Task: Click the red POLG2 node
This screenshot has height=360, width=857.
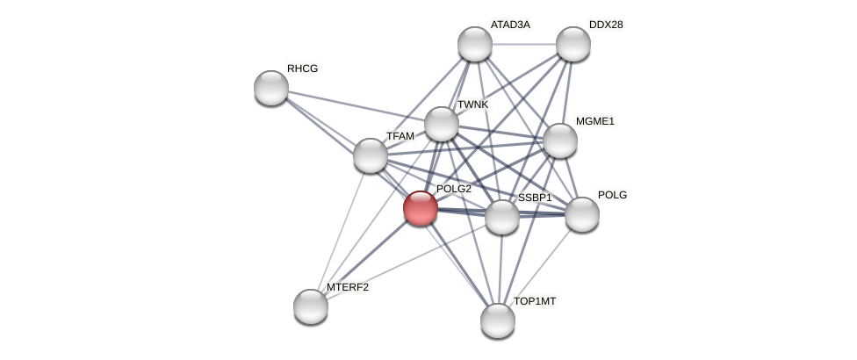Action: point(421,208)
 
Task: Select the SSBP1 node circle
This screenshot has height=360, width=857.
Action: point(502,217)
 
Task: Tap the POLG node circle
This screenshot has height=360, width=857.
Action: point(581,214)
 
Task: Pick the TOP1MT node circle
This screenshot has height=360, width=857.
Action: point(498,320)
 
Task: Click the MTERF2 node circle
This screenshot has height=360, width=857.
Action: point(311,306)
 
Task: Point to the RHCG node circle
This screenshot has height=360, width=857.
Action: point(271,88)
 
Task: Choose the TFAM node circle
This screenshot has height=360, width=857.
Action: point(371,155)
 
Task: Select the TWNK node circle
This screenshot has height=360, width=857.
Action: point(442,124)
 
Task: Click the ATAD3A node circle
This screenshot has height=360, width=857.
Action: point(475,44)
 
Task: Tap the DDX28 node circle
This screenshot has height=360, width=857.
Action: point(573,44)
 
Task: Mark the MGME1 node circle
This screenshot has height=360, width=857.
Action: point(559,140)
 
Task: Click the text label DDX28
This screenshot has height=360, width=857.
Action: point(606,25)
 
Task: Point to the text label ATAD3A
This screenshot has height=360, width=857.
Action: point(510,25)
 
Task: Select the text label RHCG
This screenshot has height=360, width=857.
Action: point(302,68)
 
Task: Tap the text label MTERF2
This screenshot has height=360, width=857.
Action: point(348,287)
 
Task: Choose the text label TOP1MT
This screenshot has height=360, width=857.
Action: point(535,301)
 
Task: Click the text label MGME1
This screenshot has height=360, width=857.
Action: point(595,121)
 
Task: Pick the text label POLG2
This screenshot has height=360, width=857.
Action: point(454,189)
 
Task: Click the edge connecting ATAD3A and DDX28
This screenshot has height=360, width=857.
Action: point(523,44)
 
